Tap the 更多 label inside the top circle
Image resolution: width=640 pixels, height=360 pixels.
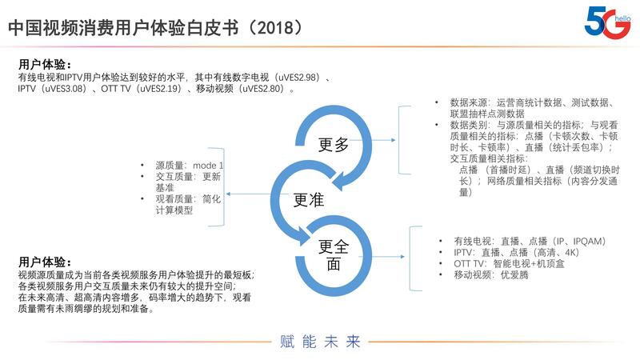click(334, 145)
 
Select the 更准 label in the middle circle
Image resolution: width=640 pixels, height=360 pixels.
click(310, 199)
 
